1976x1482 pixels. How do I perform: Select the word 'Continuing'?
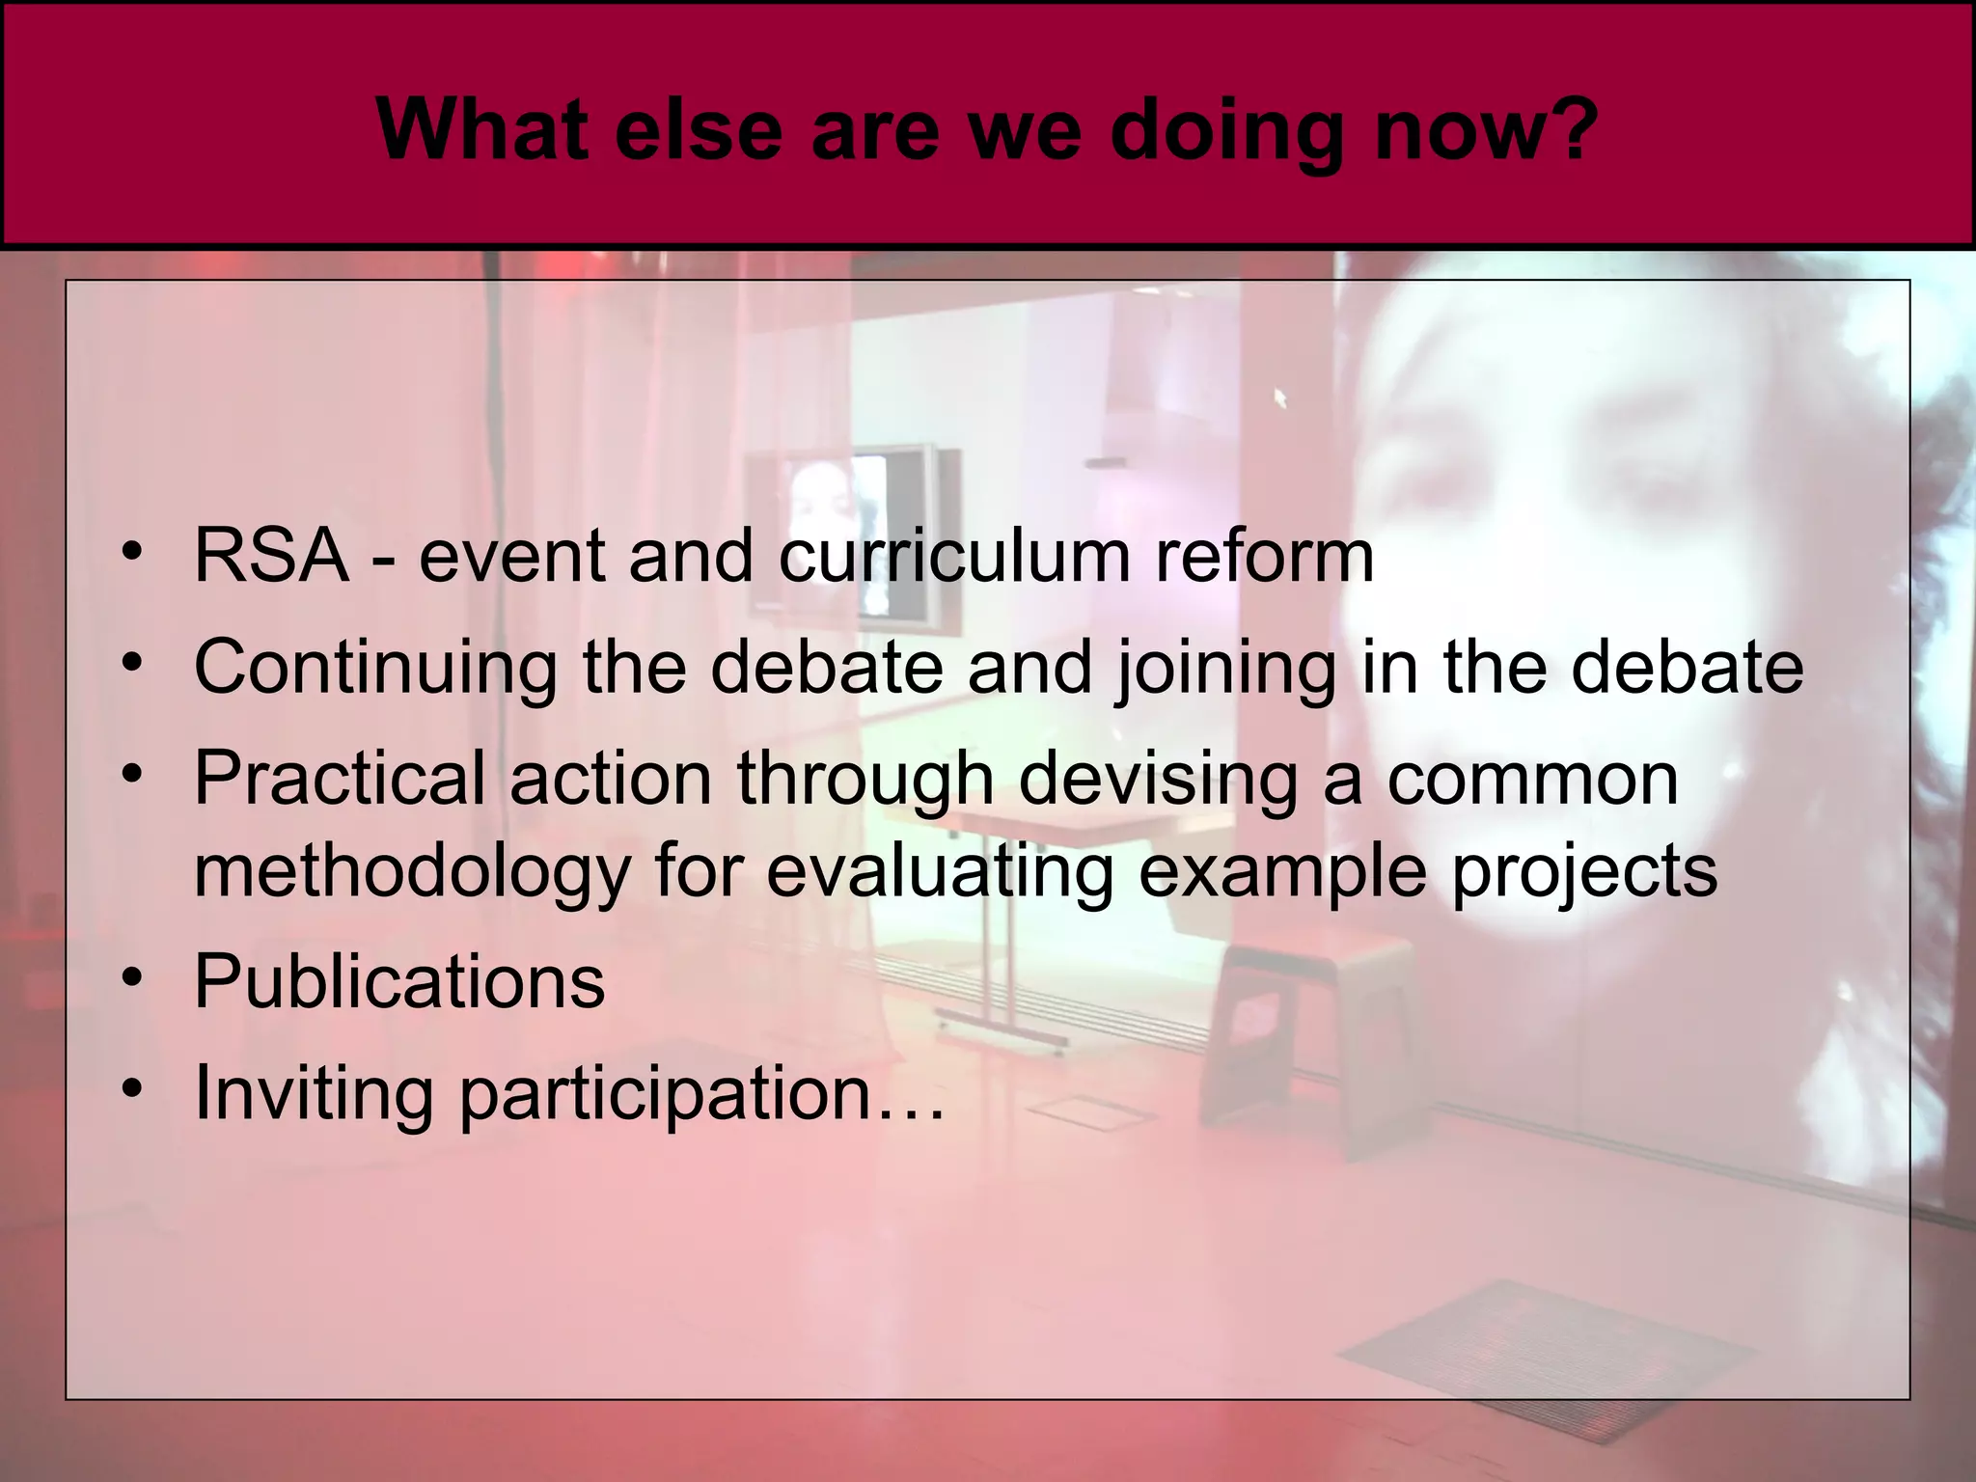tap(375, 668)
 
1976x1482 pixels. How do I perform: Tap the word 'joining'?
tap(1225, 668)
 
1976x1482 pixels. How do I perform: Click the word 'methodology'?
tap(411, 870)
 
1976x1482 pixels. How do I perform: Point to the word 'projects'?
tap(1583, 870)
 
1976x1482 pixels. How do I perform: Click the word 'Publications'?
tap(399, 981)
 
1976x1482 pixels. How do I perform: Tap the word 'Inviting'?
tap(314, 1092)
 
